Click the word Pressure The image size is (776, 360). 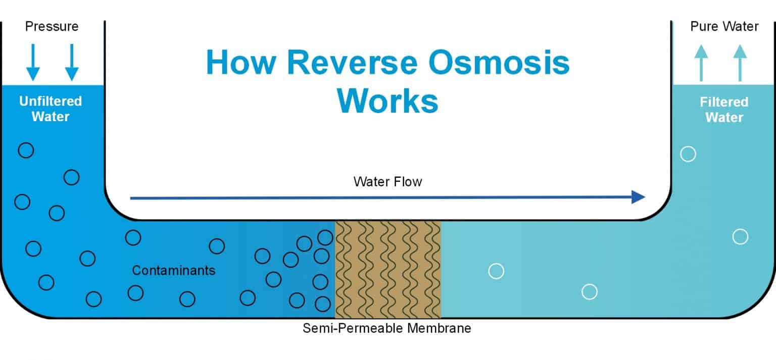52,26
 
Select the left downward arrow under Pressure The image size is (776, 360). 33,62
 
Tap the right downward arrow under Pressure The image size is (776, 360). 72,62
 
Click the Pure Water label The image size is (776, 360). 724,26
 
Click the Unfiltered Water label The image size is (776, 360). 51,109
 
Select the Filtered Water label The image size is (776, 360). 724,110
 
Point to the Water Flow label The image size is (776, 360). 387,181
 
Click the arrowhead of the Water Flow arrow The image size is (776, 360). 639,197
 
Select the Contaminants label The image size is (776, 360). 173,270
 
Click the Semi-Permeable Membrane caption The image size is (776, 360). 387,328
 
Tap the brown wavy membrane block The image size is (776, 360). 387,269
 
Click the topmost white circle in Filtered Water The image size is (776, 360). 688,154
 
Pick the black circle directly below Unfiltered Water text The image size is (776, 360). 26,150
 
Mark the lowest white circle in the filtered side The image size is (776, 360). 590,292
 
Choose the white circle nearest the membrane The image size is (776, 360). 496,271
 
